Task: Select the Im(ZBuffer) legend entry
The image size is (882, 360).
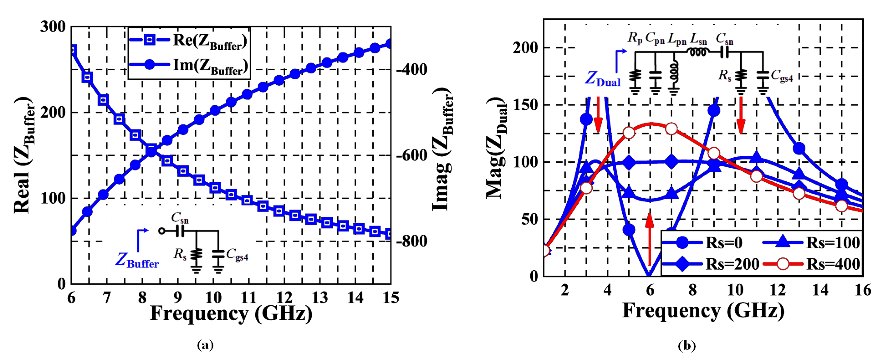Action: point(188,65)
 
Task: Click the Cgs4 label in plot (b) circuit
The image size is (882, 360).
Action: point(781,76)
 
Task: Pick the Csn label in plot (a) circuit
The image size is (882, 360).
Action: point(180,218)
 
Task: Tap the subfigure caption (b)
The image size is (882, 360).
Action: point(687,346)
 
